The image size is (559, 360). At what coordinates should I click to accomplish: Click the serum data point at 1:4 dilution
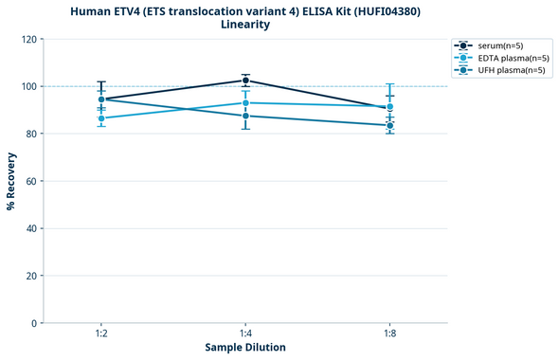pos(245,81)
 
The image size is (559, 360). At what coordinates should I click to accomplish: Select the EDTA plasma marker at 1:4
pos(245,102)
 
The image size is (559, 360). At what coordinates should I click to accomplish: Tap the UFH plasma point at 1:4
pos(245,116)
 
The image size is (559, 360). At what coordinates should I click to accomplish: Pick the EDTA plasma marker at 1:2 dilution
pos(101,118)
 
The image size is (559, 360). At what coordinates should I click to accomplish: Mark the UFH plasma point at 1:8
pos(390,125)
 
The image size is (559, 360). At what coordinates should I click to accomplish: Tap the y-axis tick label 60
pos(30,181)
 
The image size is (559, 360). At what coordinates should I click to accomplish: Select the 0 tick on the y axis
pos(33,323)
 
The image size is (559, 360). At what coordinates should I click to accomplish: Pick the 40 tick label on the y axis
pos(30,228)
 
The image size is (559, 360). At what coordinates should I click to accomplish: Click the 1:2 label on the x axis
pos(101,333)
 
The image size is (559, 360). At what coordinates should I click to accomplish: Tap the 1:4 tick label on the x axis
pos(245,333)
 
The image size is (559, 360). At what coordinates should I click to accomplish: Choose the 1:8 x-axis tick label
pos(390,333)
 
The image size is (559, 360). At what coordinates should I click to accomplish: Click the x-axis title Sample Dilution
pos(245,348)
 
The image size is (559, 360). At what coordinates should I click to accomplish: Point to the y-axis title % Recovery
pos(11,180)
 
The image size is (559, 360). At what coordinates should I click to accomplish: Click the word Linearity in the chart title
pos(245,25)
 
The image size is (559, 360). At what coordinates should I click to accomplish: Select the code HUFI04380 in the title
pos(360,10)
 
